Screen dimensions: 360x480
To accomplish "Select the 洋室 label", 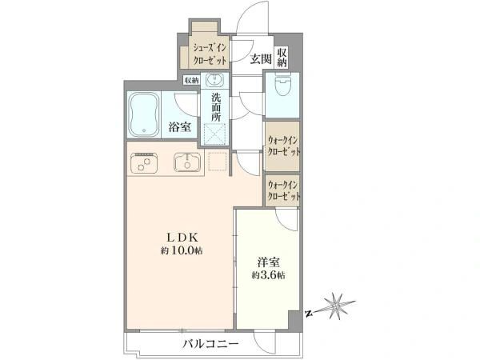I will click(x=266, y=261).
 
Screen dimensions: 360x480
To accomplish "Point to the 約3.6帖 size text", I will click(x=266, y=274).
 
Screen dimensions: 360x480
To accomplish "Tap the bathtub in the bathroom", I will click(x=144, y=114).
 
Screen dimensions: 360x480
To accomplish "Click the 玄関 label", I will click(x=258, y=58).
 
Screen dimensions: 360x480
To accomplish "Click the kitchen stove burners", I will click(x=145, y=164).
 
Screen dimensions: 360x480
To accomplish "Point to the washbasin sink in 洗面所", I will click(x=214, y=80).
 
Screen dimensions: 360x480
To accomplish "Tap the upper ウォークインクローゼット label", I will click(x=283, y=145).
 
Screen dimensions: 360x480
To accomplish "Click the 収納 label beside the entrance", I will click(x=282, y=58).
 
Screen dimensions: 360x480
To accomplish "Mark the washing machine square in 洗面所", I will click(x=214, y=136).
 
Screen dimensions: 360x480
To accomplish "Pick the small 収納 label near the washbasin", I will click(x=191, y=80).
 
